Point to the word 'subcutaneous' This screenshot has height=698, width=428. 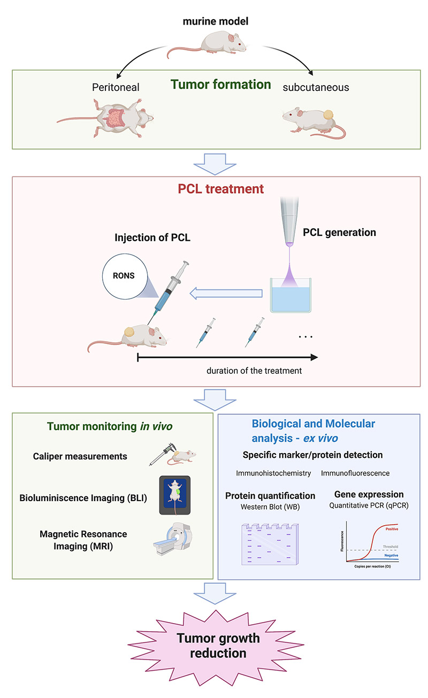click(x=316, y=87)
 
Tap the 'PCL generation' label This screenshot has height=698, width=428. click(x=339, y=233)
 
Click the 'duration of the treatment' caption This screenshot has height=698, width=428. click(x=254, y=370)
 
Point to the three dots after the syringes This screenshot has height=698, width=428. click(x=305, y=336)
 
